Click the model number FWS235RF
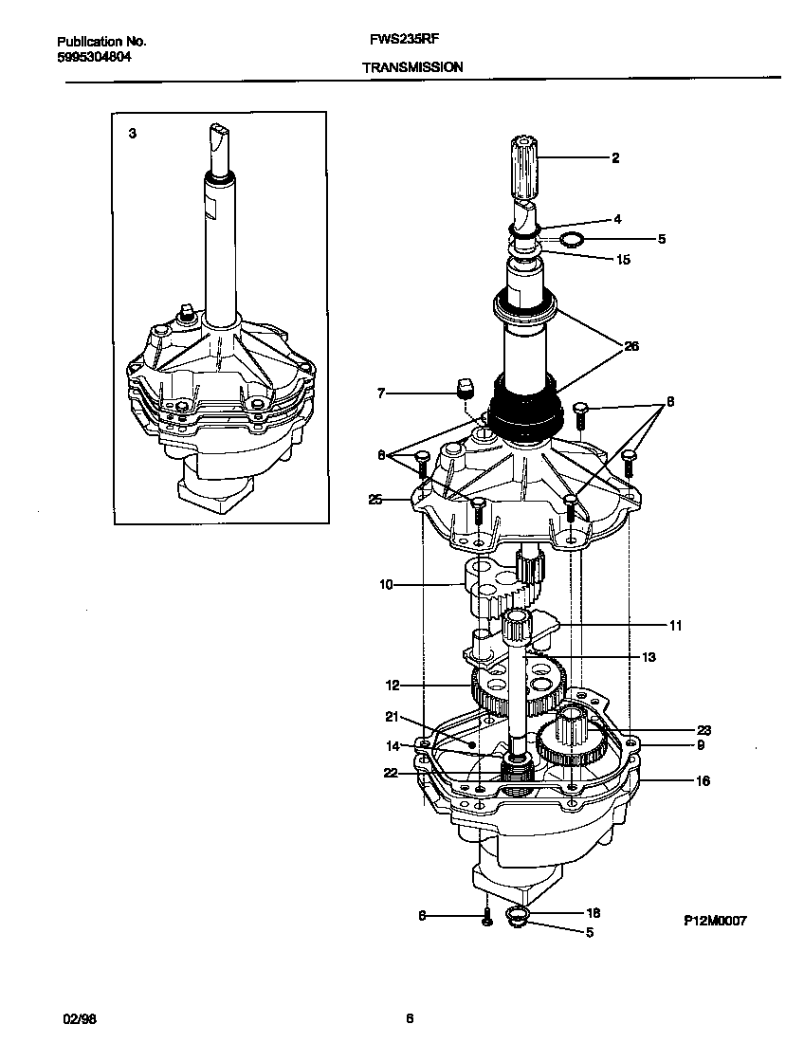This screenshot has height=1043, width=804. (x=403, y=41)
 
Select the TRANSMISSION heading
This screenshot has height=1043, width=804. (x=412, y=67)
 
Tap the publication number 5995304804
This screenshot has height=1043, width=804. (x=94, y=56)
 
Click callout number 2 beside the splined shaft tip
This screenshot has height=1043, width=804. (x=615, y=158)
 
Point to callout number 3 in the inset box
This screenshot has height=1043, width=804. (x=133, y=135)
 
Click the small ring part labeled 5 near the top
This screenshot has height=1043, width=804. (x=570, y=239)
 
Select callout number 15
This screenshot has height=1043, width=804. (x=623, y=259)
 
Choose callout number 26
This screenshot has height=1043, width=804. (x=630, y=347)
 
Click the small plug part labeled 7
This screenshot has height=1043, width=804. (x=464, y=389)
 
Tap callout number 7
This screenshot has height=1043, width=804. (x=382, y=392)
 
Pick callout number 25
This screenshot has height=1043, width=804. (x=376, y=500)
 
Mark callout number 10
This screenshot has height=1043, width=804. (x=386, y=585)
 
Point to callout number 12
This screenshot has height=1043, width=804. (x=392, y=685)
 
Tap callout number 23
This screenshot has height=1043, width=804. (x=703, y=730)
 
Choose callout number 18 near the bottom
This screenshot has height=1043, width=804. (x=594, y=913)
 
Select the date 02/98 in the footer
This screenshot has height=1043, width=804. (x=80, y=1019)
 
